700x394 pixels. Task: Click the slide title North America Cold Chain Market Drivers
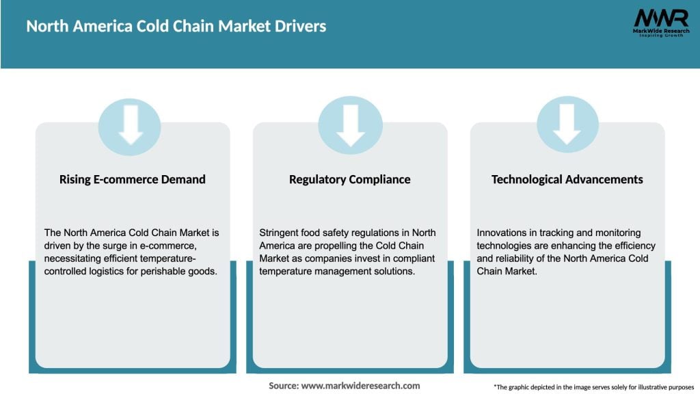[x=176, y=27]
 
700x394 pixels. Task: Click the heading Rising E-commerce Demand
[x=133, y=180]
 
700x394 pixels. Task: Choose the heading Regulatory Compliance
[x=350, y=180]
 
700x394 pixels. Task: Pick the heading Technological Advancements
[x=567, y=180]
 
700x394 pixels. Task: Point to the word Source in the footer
[x=282, y=386]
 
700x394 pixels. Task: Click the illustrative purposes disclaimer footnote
[x=593, y=386]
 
